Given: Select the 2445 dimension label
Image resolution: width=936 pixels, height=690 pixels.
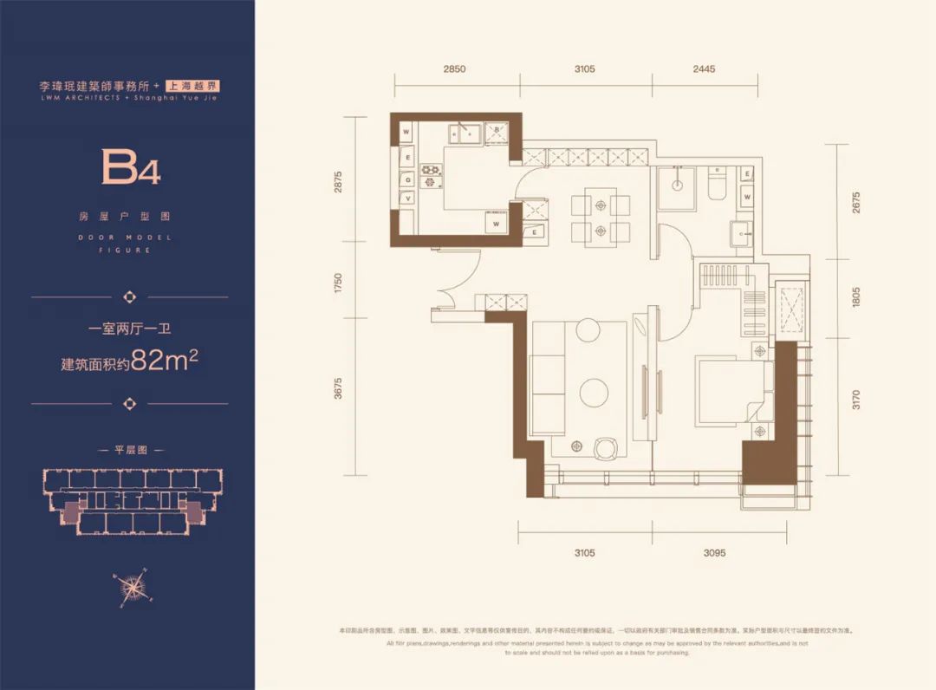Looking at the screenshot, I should click(x=703, y=69).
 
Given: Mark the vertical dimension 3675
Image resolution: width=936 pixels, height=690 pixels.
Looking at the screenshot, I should click(x=339, y=391).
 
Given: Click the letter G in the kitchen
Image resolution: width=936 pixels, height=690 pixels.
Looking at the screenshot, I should click(x=406, y=179).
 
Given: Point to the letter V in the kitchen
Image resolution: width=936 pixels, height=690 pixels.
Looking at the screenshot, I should click(x=406, y=199).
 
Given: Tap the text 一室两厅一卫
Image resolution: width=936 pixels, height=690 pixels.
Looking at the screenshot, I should click(x=130, y=329).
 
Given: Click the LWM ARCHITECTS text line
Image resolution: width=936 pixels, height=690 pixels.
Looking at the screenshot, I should click(x=130, y=99).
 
